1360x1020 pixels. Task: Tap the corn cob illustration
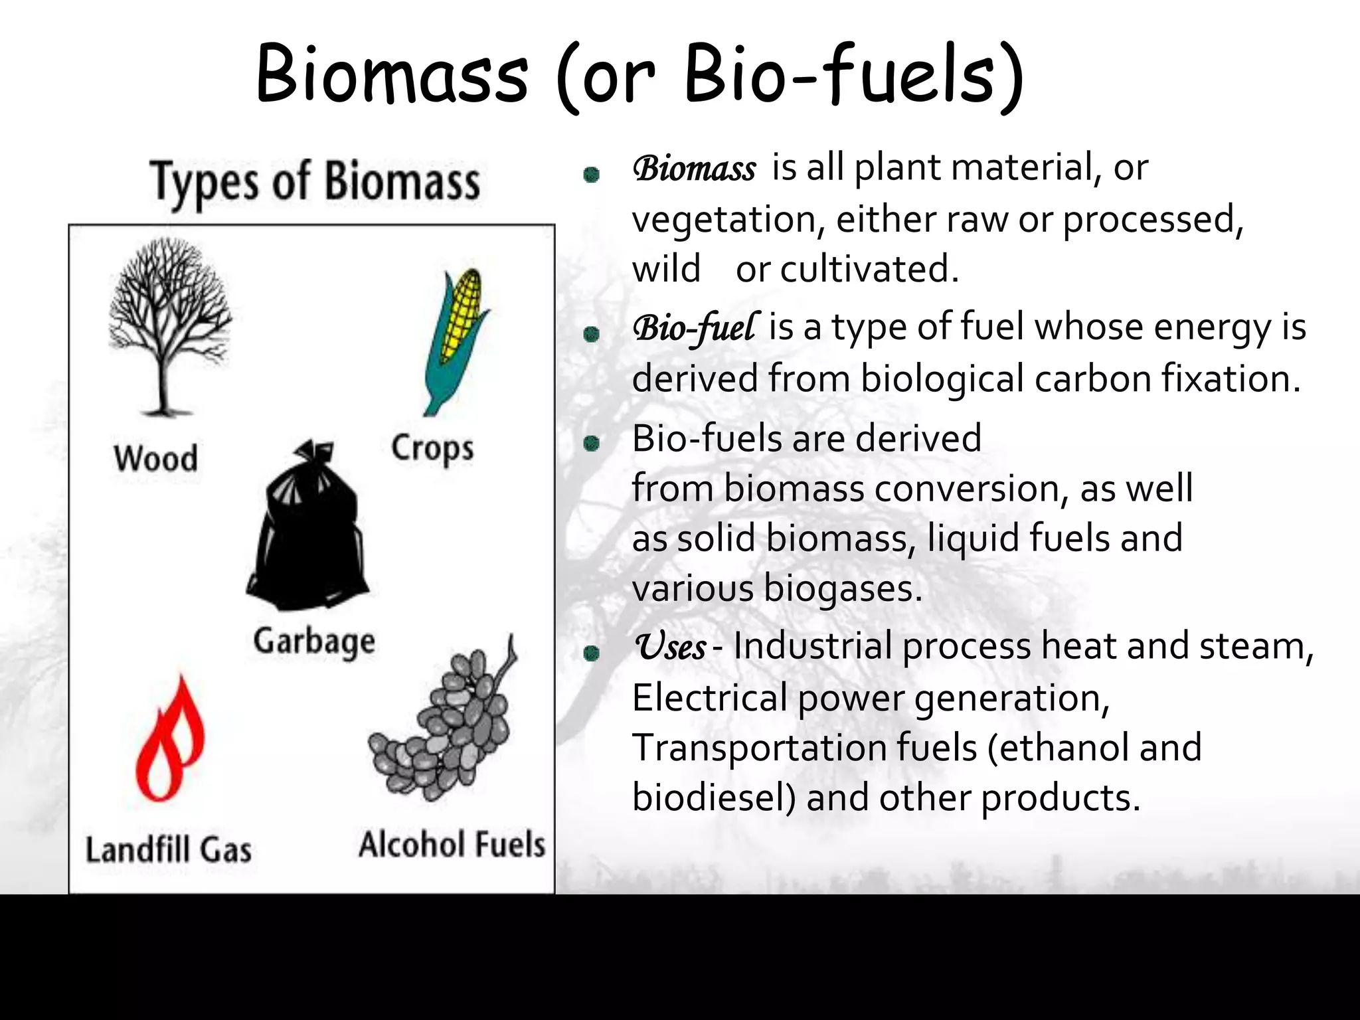[x=457, y=339]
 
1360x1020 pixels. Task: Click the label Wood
[x=156, y=459]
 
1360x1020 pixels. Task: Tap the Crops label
[x=432, y=449]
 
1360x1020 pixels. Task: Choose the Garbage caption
[x=314, y=642]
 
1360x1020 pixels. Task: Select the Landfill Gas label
[x=169, y=850]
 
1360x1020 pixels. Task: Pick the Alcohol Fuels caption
[x=452, y=845]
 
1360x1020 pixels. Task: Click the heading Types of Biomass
[x=315, y=182]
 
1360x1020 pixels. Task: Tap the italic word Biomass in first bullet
[x=694, y=169]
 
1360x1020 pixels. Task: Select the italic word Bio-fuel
[x=694, y=328]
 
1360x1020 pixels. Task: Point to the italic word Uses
[x=671, y=647]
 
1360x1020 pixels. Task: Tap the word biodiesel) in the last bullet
[x=714, y=797]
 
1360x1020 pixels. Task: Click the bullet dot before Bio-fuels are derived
[x=591, y=443]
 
